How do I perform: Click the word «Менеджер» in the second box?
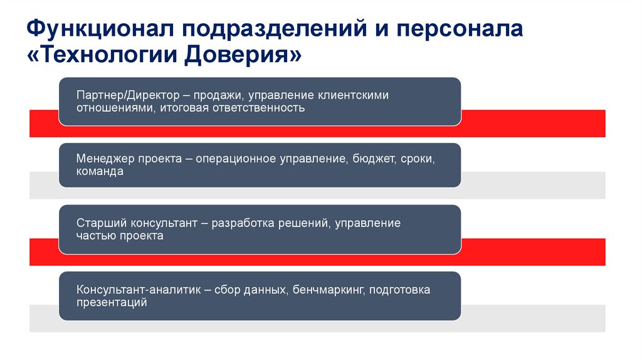coord(103,159)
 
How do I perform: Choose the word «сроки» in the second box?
coord(416,159)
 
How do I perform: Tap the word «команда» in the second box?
coord(100,171)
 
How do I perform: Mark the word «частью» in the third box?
coord(94,236)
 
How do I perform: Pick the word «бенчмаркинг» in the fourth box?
coord(329,290)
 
